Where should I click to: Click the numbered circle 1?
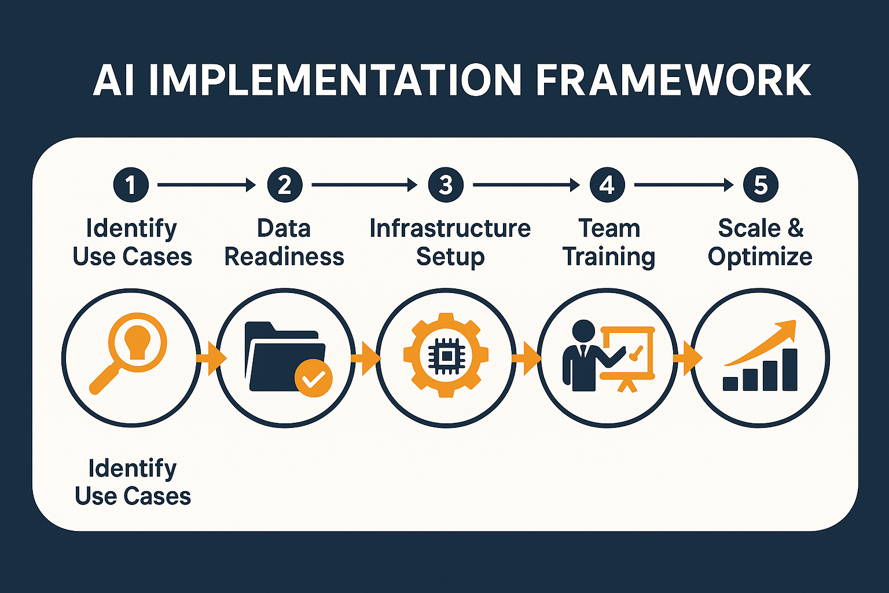tap(131, 185)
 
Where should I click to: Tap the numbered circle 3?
tap(445, 185)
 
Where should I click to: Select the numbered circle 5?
tap(761, 185)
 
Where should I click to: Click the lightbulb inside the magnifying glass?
tap(137, 342)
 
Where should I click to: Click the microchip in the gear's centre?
tap(445, 355)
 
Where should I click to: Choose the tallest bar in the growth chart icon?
tap(789, 369)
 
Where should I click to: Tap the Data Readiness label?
tap(284, 243)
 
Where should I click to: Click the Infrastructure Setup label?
tap(450, 243)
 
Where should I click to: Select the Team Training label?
tap(609, 243)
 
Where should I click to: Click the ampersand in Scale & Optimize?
tap(795, 228)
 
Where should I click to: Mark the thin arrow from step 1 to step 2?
tap(206, 185)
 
